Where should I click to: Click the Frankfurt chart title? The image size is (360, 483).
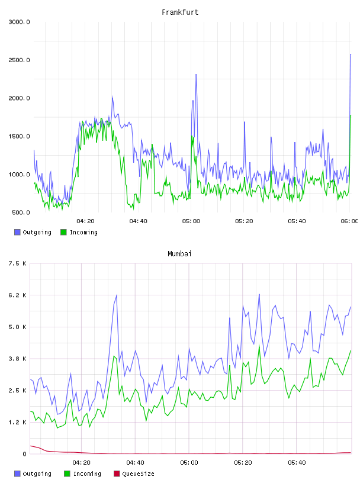[180, 12]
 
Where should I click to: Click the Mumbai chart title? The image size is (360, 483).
[179, 254]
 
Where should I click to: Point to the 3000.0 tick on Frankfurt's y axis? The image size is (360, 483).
[19, 22]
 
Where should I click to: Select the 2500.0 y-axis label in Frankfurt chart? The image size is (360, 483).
[19, 60]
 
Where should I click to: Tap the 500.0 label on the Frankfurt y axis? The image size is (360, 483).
[21, 212]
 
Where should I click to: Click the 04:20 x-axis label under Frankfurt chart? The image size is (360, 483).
[85, 221]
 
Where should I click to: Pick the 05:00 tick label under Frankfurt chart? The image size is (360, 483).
[191, 221]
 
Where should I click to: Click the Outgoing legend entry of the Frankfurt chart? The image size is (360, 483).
[33, 232]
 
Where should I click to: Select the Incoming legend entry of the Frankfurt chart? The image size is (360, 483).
[79, 232]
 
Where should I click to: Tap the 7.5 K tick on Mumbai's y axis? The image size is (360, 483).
[18, 263]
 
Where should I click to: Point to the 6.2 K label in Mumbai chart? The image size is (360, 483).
[18, 295]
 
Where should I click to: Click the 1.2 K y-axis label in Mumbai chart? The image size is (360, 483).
[18, 422]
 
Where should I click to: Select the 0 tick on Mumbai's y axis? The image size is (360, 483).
[24, 454]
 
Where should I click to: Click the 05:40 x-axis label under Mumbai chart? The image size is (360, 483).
[297, 463]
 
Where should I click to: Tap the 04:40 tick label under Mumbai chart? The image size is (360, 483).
[135, 463]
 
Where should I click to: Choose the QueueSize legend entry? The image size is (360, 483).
[134, 474]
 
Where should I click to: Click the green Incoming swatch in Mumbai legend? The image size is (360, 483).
[67, 474]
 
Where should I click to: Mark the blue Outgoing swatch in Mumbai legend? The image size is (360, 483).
[17, 474]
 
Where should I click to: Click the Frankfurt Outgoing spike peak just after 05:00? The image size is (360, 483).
[196, 74]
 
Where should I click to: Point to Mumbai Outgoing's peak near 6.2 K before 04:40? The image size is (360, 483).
[117, 295]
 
